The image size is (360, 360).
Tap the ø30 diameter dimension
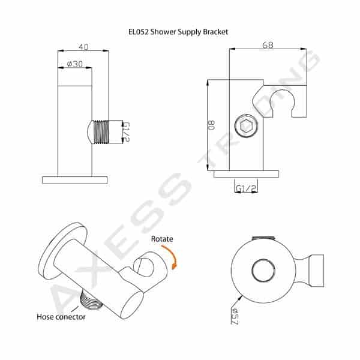[74, 64]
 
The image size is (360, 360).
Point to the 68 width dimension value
[269, 44]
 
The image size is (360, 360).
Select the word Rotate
[162, 239]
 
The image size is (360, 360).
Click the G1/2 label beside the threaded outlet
[125, 131]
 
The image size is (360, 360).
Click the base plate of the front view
[75, 179]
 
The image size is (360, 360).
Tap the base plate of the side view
[247, 174]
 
